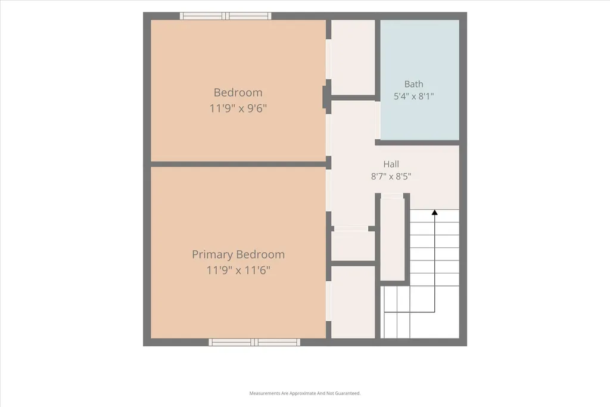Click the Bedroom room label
238,92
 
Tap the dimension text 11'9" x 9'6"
238,108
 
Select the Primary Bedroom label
238,254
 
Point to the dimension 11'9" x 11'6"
238,270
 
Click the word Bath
413,84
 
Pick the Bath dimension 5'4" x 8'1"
413,96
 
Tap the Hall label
391,164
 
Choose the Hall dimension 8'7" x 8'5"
391,176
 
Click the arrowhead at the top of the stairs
434,213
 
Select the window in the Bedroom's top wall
226,16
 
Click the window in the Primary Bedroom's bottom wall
254,343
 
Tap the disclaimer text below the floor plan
305,393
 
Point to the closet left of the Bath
353,57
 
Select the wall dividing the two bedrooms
238,164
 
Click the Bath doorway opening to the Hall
377,120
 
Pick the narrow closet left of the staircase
392,239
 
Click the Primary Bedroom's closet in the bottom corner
353,302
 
